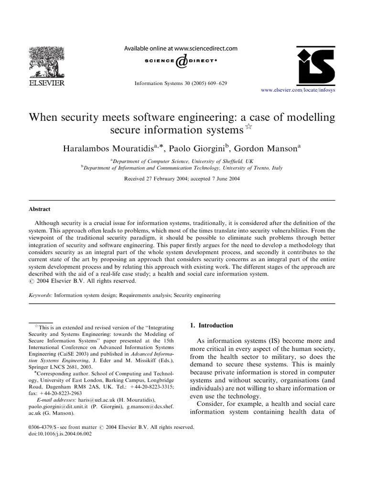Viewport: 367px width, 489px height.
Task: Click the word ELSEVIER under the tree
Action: point(48,84)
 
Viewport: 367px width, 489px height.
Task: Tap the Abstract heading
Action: point(40,209)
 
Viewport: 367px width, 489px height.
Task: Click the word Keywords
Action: point(41,296)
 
